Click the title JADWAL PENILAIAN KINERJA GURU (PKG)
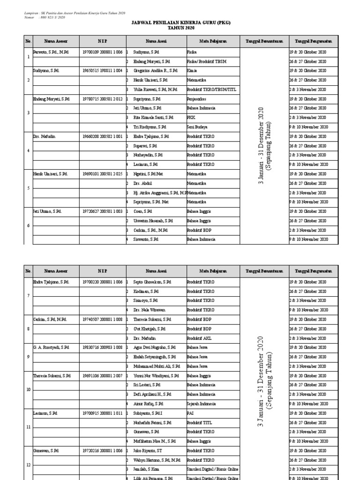[x=180, y=22]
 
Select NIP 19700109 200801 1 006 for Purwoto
[x=102, y=52]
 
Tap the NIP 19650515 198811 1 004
[x=102, y=70]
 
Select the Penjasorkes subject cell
[x=196, y=99]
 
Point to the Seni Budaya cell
[x=197, y=127]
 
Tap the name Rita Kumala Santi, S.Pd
[x=153, y=118]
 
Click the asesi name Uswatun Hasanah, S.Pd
[x=152, y=221]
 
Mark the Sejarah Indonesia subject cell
[x=201, y=404]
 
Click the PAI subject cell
[x=190, y=413]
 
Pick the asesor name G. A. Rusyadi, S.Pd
[x=51, y=347]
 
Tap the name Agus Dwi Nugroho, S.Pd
[x=155, y=347]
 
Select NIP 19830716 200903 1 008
[x=102, y=347]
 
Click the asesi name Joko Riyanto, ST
[x=147, y=450]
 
